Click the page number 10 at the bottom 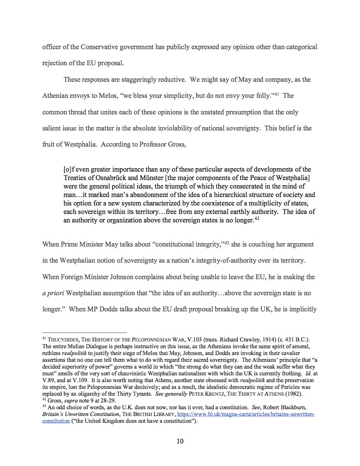180,441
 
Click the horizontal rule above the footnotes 85,332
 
